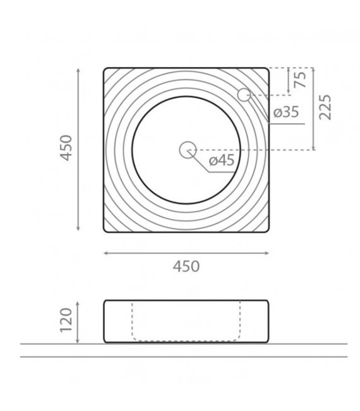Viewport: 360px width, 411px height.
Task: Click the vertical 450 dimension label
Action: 68,150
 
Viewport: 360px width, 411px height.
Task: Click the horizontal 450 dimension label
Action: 186,266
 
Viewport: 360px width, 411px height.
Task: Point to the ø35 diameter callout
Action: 286,113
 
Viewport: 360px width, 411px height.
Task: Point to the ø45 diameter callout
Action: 221,160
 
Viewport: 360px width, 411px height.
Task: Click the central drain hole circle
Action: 187,150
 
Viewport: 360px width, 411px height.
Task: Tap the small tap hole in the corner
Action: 244,95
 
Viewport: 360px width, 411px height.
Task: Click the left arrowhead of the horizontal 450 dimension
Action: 105,253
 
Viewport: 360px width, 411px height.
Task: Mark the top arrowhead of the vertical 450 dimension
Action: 78,69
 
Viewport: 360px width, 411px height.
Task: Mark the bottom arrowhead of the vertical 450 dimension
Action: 78,230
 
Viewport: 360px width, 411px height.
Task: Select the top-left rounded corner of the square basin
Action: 106,69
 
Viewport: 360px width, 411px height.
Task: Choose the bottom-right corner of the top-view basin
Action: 267,230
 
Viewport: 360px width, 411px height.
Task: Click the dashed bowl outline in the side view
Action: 186,340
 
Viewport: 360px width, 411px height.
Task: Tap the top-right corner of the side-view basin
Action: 267,301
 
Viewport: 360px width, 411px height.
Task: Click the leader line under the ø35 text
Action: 284,123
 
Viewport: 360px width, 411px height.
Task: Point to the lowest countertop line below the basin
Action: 183,357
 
